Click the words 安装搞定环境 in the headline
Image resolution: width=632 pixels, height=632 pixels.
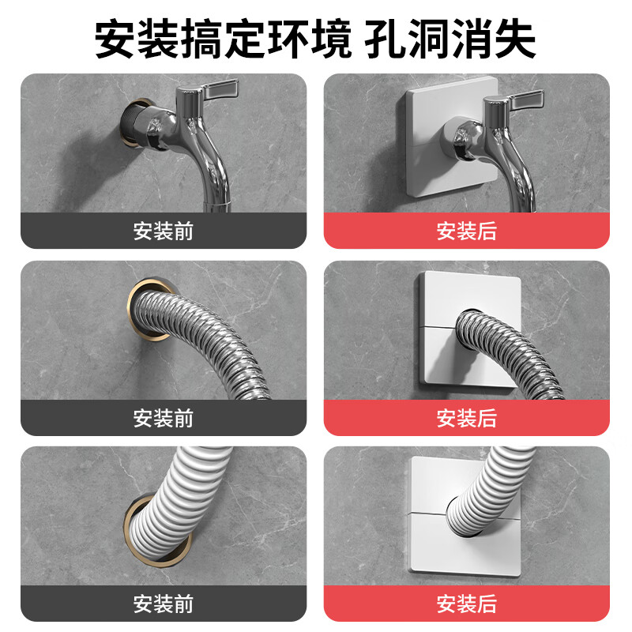[223, 37]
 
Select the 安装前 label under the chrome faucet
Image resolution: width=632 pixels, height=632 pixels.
[163, 231]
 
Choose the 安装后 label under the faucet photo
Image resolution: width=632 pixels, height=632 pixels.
[467, 231]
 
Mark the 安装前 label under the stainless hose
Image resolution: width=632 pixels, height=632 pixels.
[163, 418]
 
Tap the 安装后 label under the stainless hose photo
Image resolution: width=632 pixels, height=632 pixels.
[467, 418]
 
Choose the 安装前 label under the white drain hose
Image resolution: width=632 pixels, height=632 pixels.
[163, 604]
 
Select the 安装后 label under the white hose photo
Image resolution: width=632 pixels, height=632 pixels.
[467, 604]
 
